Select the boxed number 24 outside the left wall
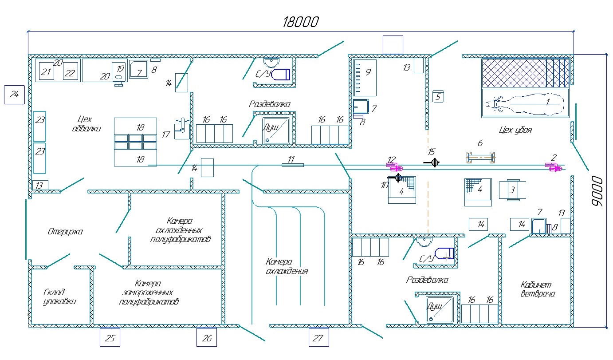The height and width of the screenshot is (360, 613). (14, 94)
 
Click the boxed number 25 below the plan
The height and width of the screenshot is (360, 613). (110, 337)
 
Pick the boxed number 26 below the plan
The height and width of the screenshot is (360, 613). (207, 337)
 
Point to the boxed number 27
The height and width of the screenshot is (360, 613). (319, 337)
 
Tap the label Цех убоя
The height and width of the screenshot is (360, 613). (515, 131)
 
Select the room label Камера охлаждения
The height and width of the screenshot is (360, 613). (287, 266)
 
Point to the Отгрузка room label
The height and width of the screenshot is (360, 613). (65, 231)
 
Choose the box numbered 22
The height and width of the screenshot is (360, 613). (70, 73)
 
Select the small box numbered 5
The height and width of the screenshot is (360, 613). (438, 97)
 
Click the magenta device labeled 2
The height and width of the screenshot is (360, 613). (554, 167)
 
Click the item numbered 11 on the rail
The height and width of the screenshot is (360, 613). (293, 165)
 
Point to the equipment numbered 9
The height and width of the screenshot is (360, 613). (365, 78)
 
